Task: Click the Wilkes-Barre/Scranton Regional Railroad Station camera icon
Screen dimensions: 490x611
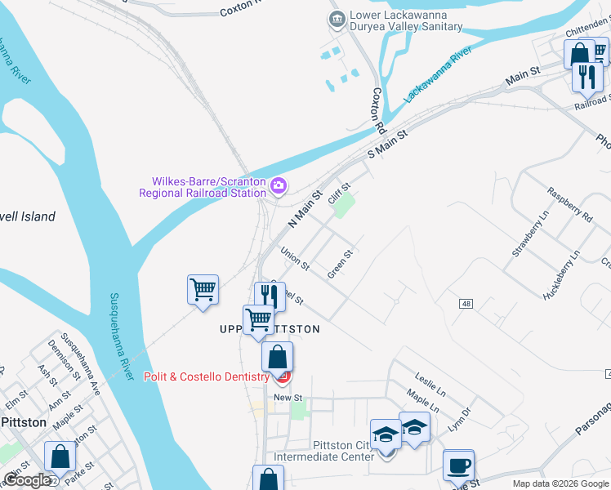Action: (279, 185)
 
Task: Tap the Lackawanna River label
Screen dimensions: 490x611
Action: (439, 75)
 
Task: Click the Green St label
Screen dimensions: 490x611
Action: (340, 265)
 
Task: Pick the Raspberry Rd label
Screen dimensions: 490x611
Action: (569, 206)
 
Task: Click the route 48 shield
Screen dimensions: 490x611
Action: (466, 304)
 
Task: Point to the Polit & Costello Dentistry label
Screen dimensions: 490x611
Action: (207, 376)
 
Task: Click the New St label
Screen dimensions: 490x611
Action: (288, 398)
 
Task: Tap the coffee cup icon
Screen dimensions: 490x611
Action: (458, 465)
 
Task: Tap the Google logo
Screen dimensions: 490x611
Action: (27, 480)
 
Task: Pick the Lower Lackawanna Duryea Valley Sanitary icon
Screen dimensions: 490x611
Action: (336, 19)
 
